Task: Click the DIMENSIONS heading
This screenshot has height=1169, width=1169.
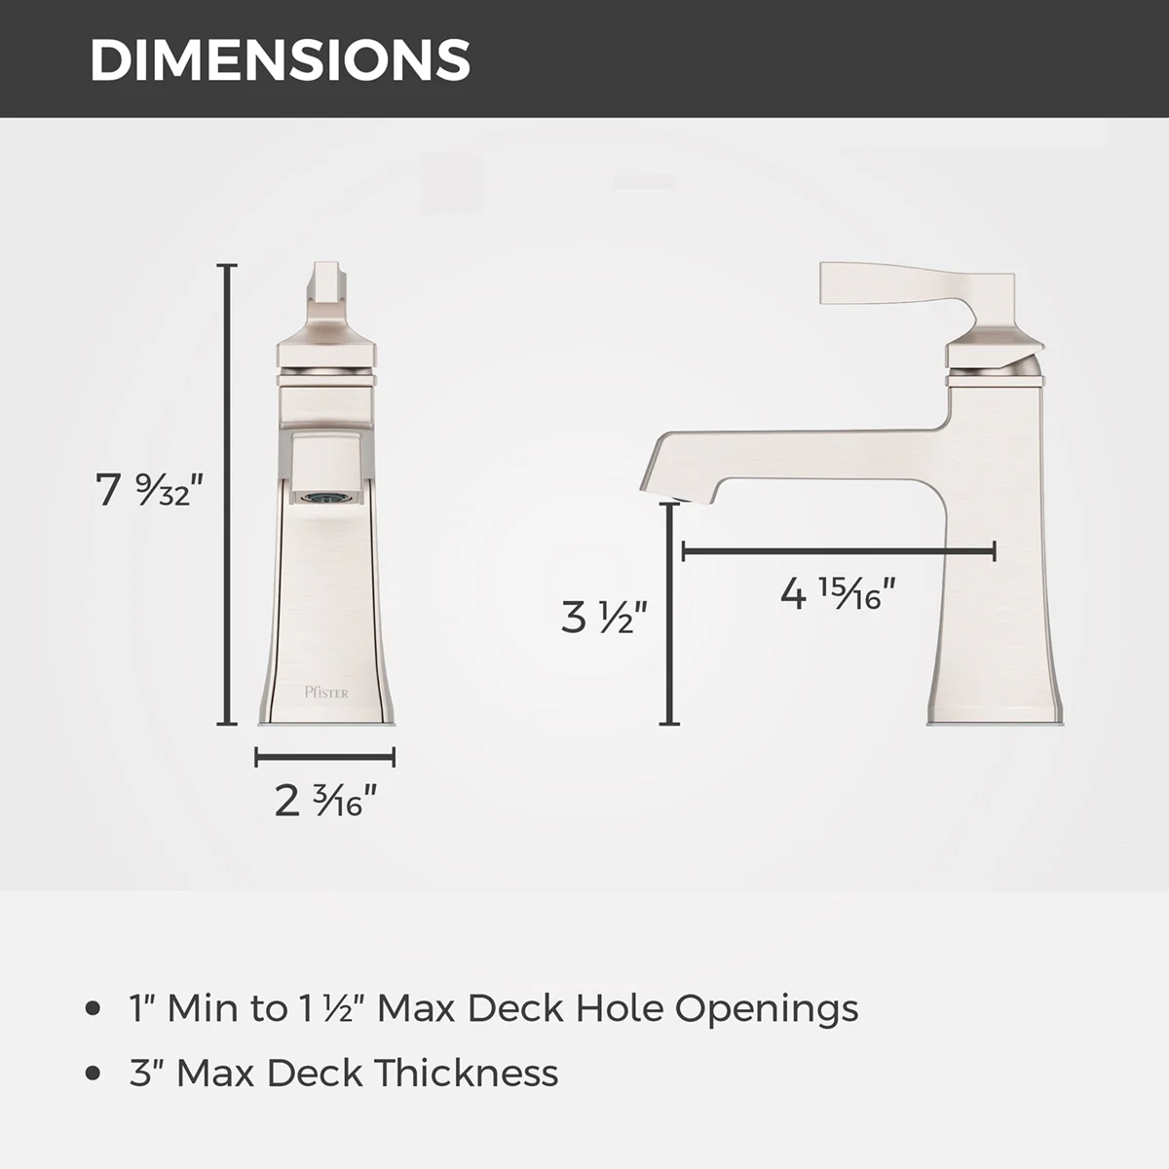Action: (281, 60)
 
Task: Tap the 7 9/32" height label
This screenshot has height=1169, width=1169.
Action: (149, 490)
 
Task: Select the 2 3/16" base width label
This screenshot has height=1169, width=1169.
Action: (325, 800)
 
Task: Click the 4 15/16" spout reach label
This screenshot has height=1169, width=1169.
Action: (838, 593)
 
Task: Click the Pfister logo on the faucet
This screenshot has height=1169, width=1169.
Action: (326, 693)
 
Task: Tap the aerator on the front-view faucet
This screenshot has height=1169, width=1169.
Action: (326, 498)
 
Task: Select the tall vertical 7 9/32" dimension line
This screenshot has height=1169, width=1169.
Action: (227, 494)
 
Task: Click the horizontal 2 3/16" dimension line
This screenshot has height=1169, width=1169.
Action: (325, 757)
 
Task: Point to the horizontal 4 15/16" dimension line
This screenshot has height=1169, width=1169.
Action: (839, 552)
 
